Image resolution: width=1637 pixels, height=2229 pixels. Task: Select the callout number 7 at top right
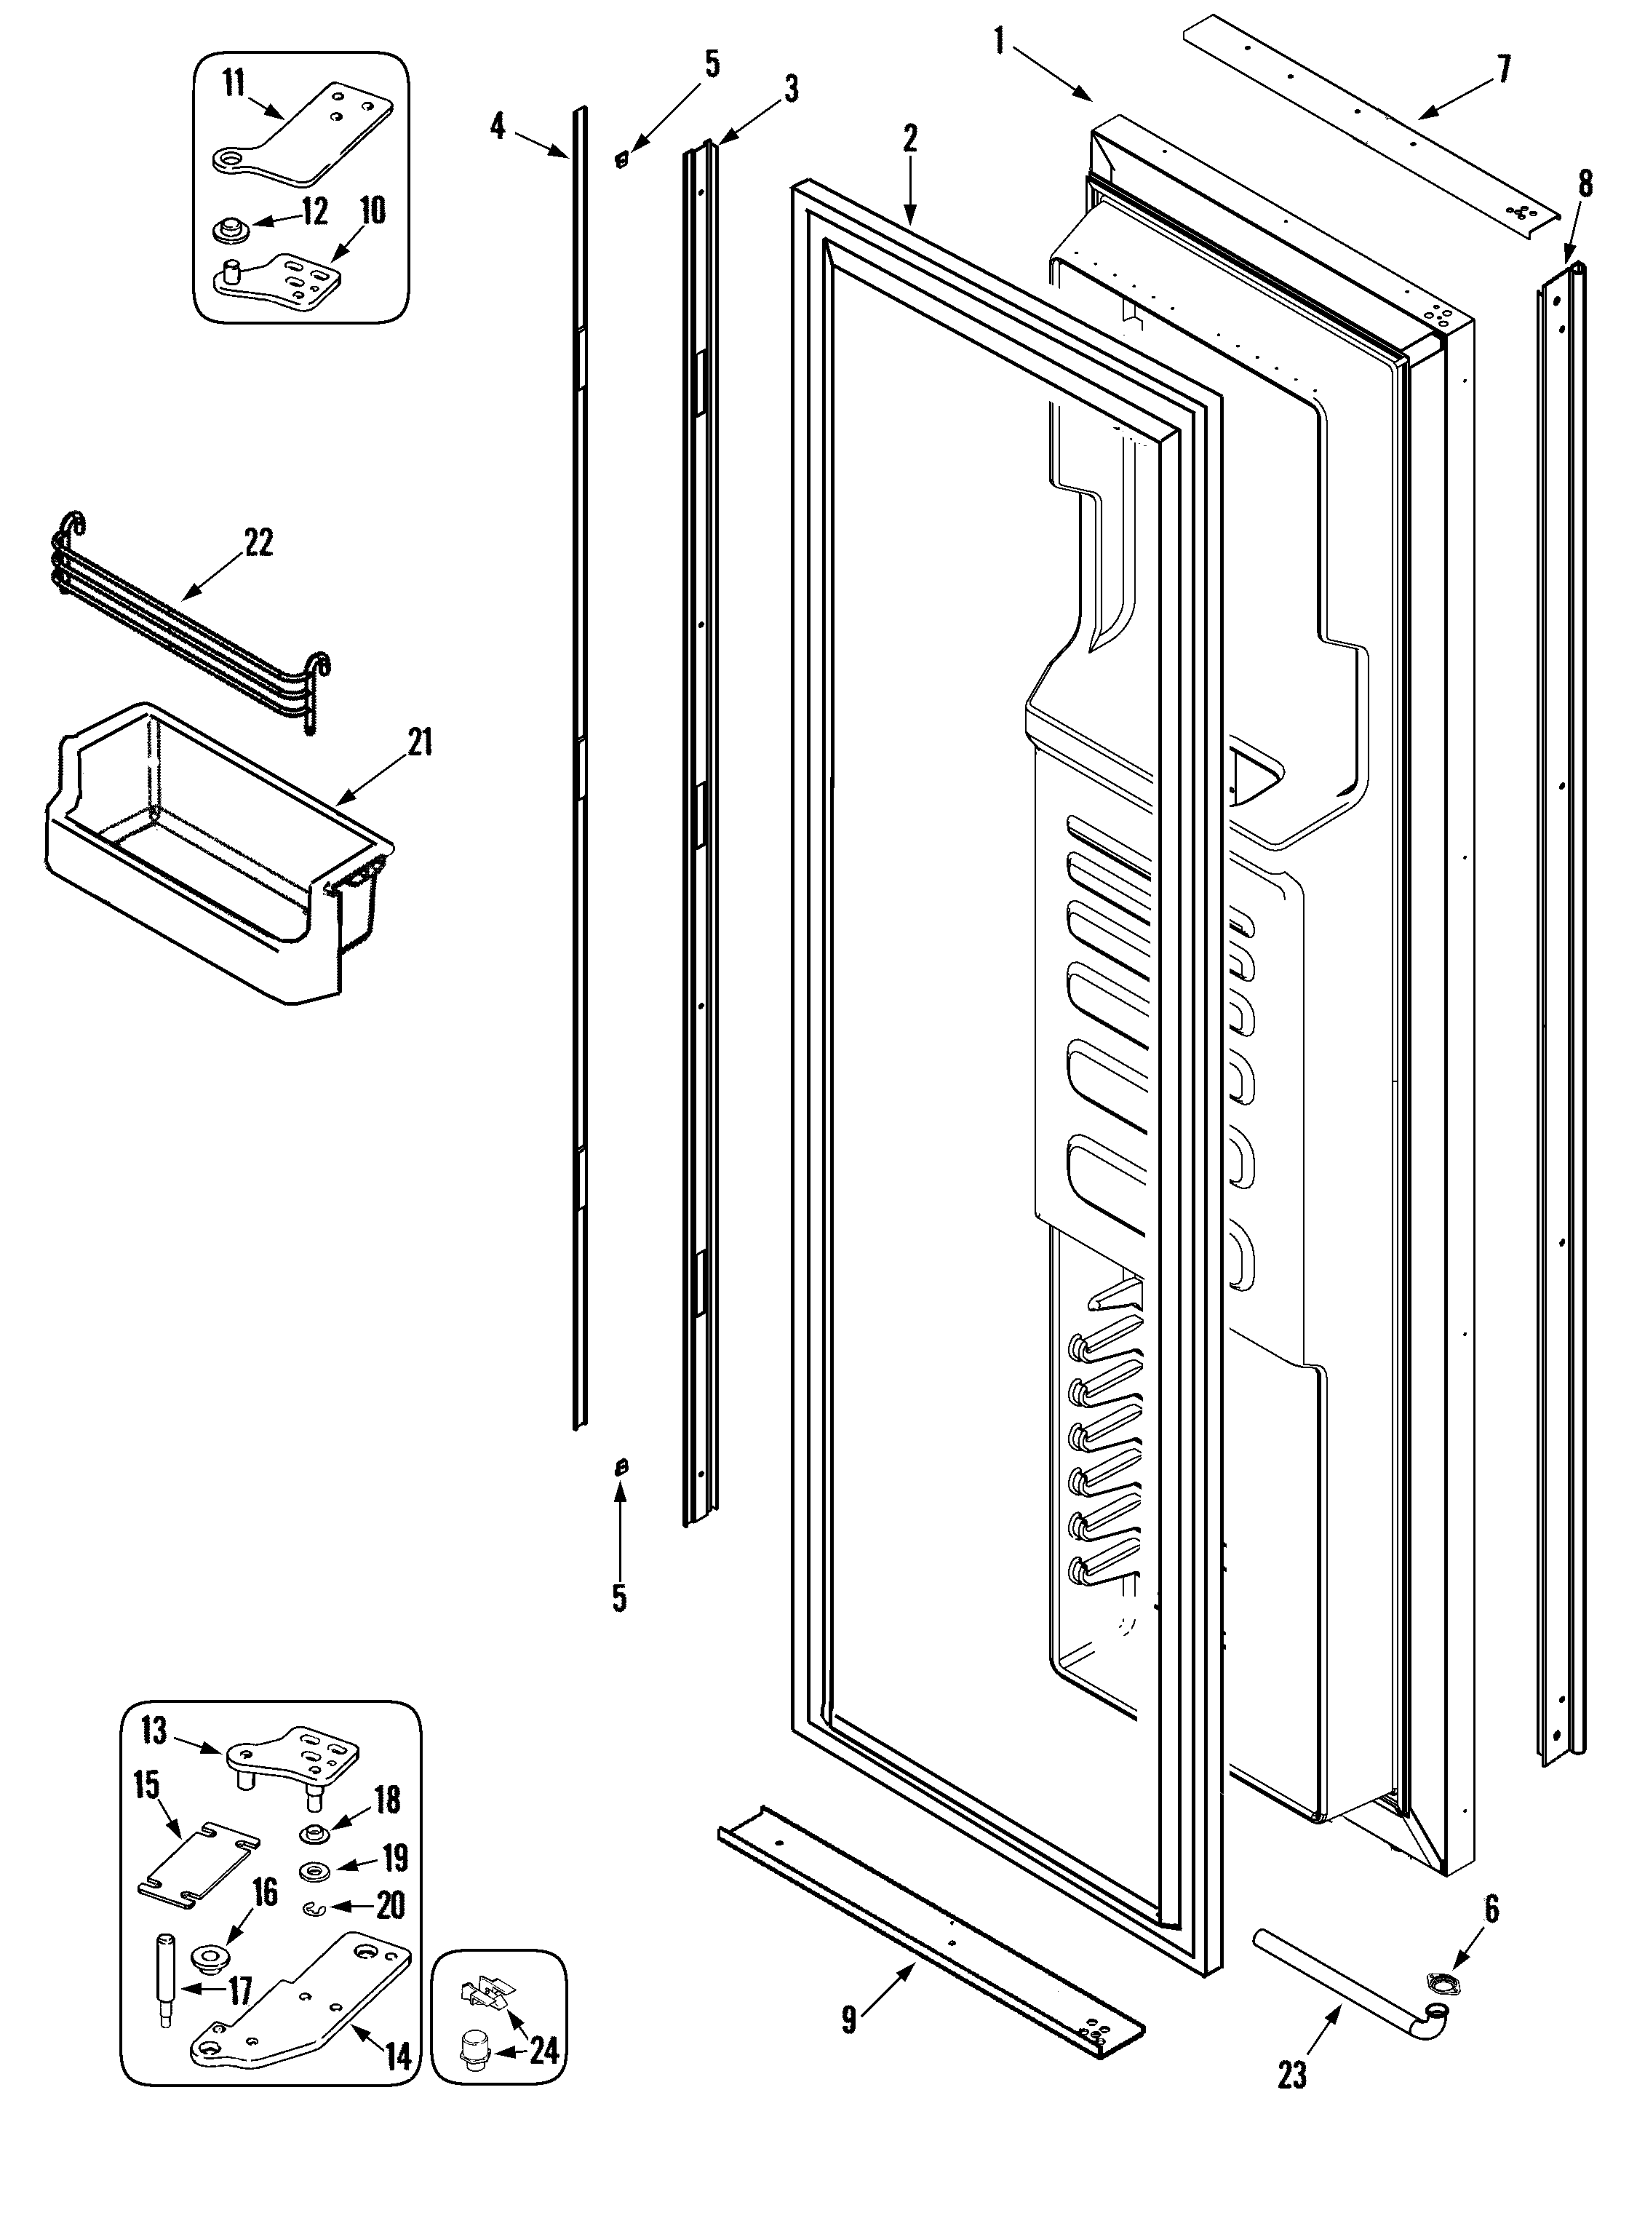click(1503, 71)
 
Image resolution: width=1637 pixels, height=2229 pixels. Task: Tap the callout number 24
click(544, 2051)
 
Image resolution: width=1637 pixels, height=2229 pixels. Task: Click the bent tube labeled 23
click(1347, 1972)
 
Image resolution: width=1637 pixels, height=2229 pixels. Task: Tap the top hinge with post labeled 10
click(282, 279)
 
